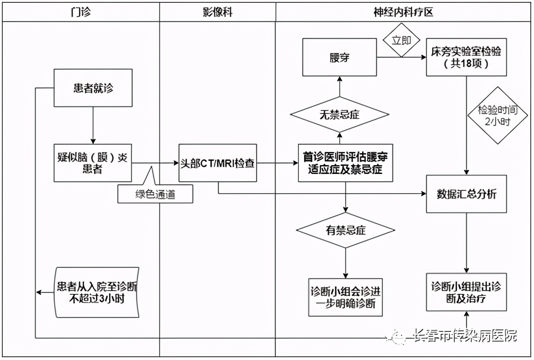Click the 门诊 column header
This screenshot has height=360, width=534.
coord(81,13)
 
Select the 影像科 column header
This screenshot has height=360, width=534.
coord(217,13)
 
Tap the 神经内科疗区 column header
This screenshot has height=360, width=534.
coord(403,13)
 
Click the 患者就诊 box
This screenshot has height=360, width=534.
coord(93,88)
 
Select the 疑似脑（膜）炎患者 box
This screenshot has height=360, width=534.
coord(93,163)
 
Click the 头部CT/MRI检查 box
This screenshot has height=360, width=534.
coord(218,163)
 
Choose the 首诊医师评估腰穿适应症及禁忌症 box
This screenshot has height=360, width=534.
coord(345,163)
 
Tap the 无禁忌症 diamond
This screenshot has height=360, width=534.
coord(340,114)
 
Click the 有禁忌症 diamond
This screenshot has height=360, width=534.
coord(346,230)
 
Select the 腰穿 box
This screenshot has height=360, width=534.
coord(339,58)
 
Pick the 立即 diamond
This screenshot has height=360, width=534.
coord(401,40)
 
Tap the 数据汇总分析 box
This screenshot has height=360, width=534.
coord(466,194)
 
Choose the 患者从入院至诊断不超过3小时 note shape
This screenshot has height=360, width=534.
coord(96,292)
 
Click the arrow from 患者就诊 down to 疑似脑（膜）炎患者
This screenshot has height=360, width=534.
coord(93,126)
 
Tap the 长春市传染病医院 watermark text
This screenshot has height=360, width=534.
coord(464,336)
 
